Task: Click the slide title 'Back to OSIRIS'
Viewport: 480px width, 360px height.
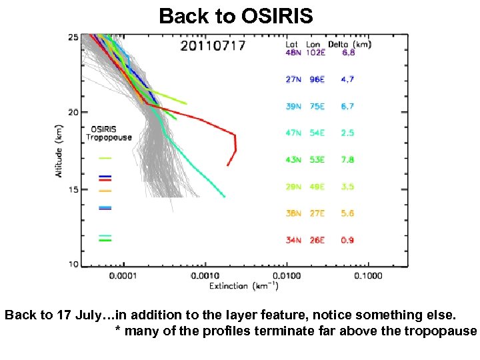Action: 236,15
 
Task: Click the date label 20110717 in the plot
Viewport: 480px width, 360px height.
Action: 213,46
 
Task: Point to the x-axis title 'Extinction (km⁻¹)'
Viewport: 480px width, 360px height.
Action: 243,286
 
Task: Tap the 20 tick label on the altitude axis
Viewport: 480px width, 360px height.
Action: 73,112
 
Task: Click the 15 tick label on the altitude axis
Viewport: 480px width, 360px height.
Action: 73,189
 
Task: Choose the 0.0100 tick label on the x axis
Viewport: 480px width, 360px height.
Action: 285,275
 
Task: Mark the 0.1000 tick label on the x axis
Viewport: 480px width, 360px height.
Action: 367,275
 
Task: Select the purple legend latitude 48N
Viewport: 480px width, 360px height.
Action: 293,53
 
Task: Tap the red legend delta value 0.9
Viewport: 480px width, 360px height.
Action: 347,240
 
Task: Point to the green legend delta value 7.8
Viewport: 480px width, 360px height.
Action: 347,160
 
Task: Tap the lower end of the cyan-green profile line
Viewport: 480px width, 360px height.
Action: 224,197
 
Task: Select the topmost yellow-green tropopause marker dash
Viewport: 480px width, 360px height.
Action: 105,158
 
